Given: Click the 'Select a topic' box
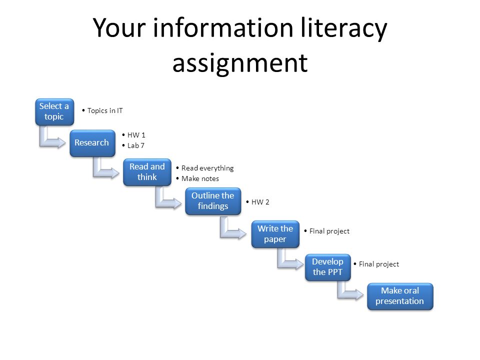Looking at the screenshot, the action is [54, 111].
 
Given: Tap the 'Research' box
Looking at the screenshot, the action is [92, 143].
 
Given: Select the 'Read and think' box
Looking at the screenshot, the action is [147, 172].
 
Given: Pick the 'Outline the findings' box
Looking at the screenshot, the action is [213, 201].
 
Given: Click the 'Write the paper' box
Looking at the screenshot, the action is [275, 234].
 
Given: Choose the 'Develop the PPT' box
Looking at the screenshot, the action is [328, 267].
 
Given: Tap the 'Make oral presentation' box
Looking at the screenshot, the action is [400, 296].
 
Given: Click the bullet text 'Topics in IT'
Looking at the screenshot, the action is [105, 110].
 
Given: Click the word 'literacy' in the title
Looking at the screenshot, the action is [343, 28].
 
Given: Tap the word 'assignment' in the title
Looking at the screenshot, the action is [240, 63].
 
